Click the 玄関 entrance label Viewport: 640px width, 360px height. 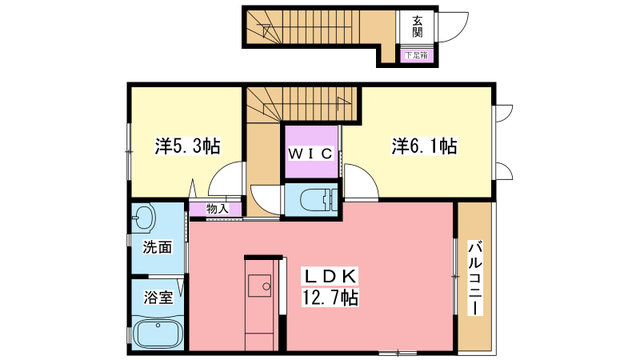click(x=417, y=27)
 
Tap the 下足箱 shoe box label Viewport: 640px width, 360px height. click(x=416, y=56)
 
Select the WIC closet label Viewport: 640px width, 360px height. click(x=311, y=154)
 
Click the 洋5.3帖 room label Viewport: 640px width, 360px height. click(x=187, y=146)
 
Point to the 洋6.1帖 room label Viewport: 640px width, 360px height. click(x=424, y=146)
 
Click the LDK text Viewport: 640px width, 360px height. click(x=330, y=277)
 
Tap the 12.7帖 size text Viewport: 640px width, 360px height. click(x=330, y=298)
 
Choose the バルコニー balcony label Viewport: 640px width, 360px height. click(x=475, y=279)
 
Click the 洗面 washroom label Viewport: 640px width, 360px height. click(x=157, y=247)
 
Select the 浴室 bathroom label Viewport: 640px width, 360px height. click(x=158, y=297)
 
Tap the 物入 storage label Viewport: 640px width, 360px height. click(x=217, y=209)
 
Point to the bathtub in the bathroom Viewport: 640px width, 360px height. click(x=158, y=334)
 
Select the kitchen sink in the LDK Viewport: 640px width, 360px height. click(x=260, y=285)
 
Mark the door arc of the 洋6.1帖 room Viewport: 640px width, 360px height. click(x=367, y=173)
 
